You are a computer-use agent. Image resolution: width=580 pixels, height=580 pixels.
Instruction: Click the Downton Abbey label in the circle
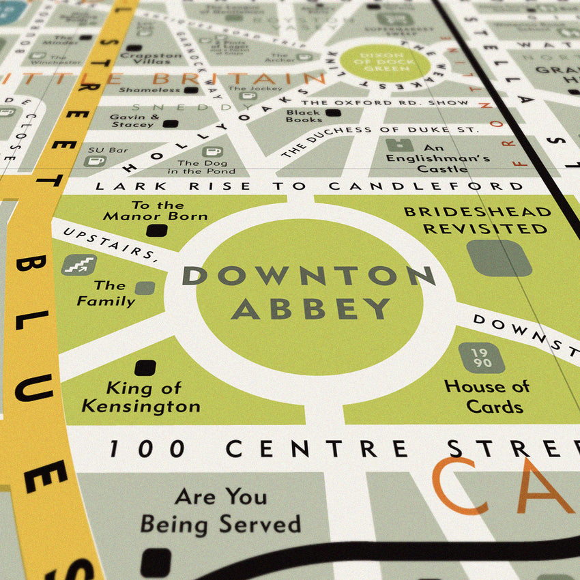(x=309, y=292)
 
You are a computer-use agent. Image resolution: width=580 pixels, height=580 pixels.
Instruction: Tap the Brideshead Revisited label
(x=478, y=220)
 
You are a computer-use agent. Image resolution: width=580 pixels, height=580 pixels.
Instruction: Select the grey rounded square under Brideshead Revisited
(x=500, y=258)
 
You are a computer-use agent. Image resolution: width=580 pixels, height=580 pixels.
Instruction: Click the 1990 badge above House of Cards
(x=481, y=358)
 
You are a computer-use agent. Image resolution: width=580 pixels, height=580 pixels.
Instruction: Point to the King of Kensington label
(x=141, y=397)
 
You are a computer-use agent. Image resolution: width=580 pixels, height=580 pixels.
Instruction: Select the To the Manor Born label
(x=156, y=210)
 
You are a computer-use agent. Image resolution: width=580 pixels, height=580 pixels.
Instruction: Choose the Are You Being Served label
(x=220, y=510)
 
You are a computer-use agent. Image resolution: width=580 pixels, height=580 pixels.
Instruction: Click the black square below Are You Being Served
(x=156, y=562)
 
